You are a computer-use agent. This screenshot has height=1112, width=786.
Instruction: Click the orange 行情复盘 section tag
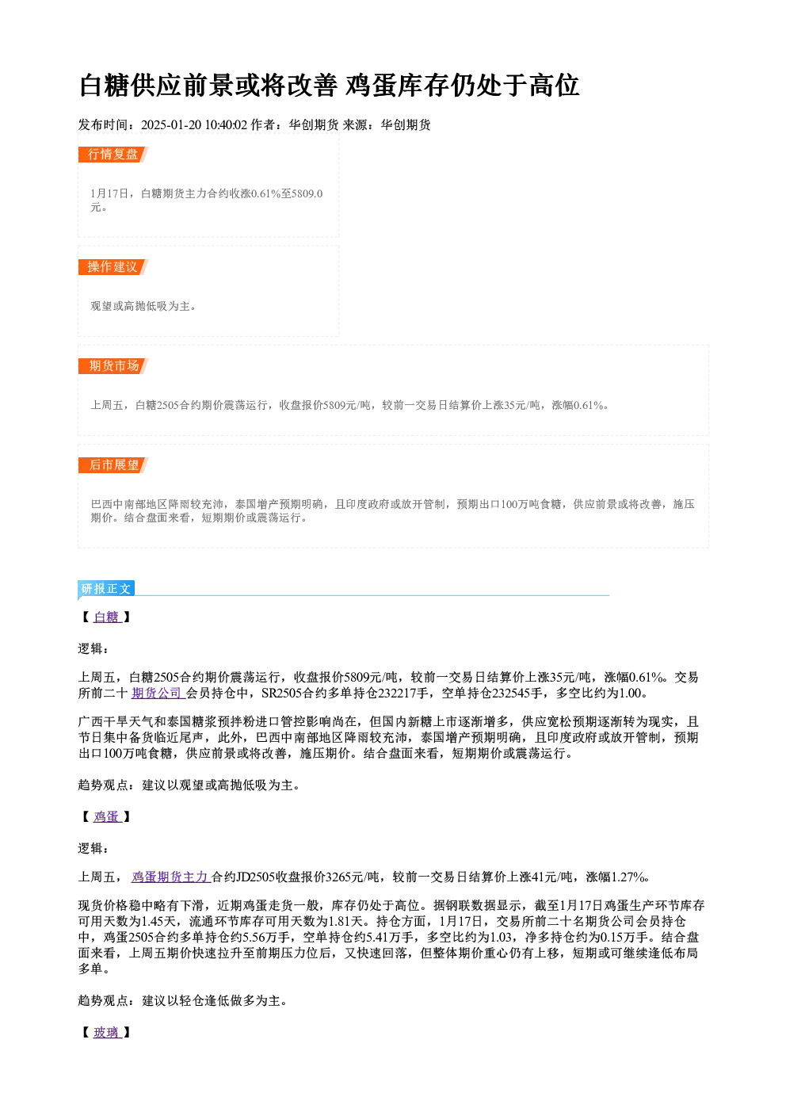click(x=113, y=155)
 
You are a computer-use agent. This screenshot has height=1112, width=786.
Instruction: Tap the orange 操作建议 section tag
click(x=113, y=267)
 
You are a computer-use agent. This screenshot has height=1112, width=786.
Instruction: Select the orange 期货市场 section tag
click(x=113, y=366)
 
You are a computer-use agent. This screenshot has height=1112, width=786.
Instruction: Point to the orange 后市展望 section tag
click(x=113, y=465)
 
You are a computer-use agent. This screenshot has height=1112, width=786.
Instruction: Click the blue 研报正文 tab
click(x=106, y=589)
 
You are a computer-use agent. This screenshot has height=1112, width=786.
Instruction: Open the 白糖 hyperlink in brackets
click(x=107, y=617)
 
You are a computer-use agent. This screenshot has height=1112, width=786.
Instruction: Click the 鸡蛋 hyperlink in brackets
click(x=107, y=816)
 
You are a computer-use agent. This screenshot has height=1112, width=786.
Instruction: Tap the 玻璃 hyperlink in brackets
click(x=107, y=1033)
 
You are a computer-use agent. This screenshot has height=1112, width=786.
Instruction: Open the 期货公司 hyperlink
click(x=158, y=693)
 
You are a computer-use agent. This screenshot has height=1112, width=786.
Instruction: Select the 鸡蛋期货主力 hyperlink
click(x=170, y=877)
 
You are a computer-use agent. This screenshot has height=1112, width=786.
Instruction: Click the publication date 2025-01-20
click(x=171, y=124)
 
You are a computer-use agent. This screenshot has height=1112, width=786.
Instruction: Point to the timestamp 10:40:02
click(x=226, y=124)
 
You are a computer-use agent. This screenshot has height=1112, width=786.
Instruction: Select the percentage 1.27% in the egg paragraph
click(x=628, y=877)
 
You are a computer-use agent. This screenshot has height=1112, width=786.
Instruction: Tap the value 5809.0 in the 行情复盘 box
click(x=307, y=193)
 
